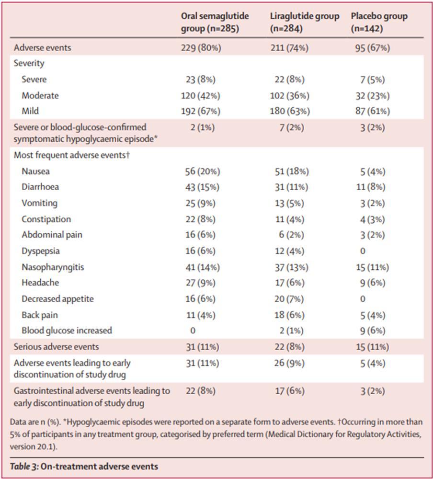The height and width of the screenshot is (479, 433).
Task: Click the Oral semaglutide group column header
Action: pos(215,22)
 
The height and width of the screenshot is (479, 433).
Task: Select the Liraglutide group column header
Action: pos(304,22)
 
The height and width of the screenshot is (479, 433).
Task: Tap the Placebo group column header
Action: pos(379,22)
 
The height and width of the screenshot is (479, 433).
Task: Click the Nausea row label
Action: pos(35,171)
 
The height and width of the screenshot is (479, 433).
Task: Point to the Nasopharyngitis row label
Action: pos(53,267)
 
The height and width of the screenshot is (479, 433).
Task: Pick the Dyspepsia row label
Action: pos(41,251)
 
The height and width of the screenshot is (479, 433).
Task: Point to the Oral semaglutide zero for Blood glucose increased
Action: pos(193,331)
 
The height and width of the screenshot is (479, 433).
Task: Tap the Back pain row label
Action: pos(40,315)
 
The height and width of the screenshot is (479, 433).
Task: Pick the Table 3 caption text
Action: pos(85,466)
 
